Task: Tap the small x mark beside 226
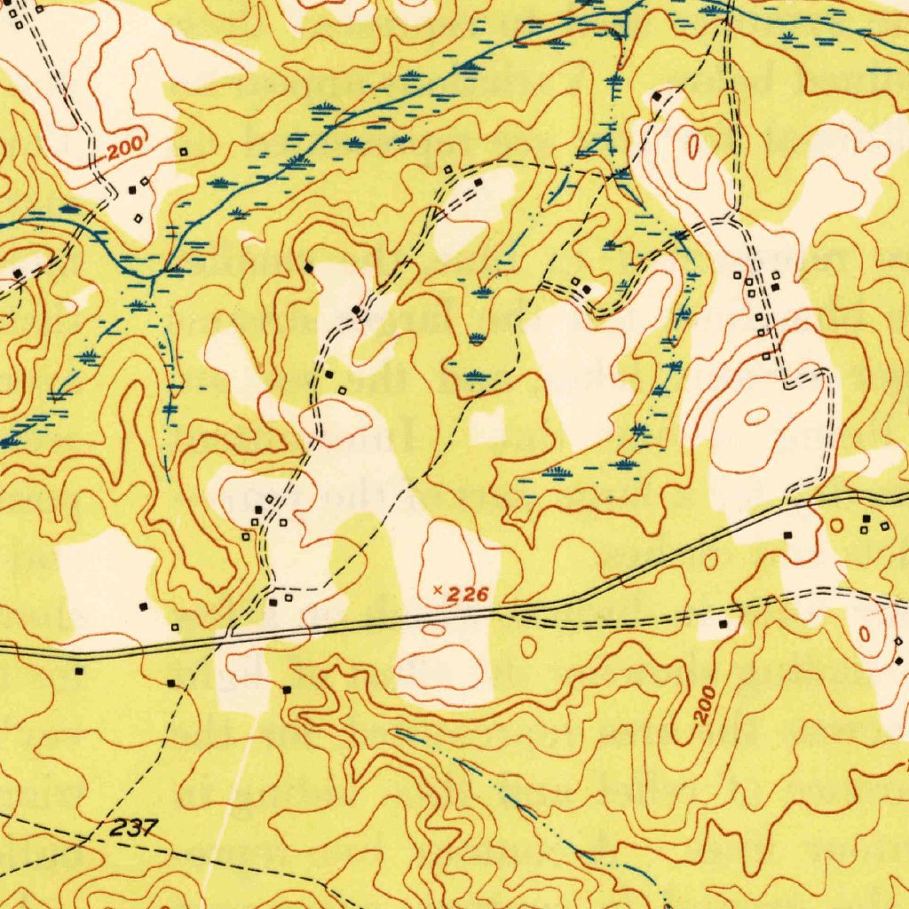click(x=437, y=589)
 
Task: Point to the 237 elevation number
click(x=136, y=828)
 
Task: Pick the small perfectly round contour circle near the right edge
click(x=835, y=526)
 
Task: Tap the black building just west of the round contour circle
click(x=788, y=535)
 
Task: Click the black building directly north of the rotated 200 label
click(x=723, y=625)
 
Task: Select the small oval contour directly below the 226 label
click(x=434, y=629)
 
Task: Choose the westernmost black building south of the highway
click(x=79, y=671)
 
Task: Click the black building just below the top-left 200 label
click(x=133, y=189)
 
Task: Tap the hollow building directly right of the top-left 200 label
click(x=184, y=152)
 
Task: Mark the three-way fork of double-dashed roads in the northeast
click(x=730, y=218)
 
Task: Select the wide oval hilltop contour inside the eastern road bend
click(x=756, y=415)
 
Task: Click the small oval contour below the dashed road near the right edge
click(x=866, y=634)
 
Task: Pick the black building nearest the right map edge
click(x=898, y=661)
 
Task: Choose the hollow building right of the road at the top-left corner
click(x=40, y=11)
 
